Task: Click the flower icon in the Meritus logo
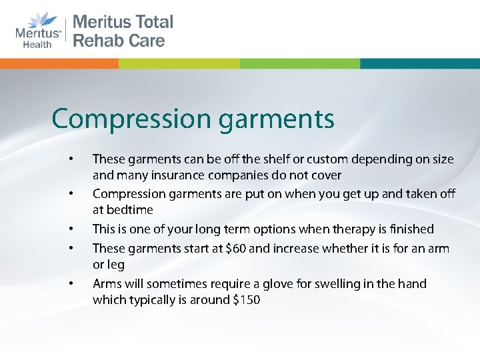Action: coord(39,21)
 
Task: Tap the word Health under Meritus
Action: coord(37,44)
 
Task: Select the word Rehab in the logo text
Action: coord(99,41)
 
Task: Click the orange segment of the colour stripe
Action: coord(59,63)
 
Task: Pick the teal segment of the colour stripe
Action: coord(419,63)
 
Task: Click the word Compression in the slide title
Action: coord(131,120)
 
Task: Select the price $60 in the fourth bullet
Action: coord(237,249)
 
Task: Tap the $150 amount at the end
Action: coord(245,300)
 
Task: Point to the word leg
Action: coord(115,265)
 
